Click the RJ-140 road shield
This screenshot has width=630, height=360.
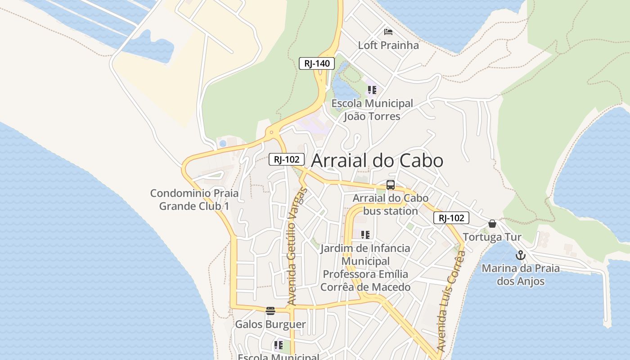click(x=317, y=63)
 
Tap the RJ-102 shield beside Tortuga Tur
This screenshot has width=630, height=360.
click(x=451, y=218)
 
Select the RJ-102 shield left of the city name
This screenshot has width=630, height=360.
click(x=287, y=159)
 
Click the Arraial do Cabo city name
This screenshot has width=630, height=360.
click(x=377, y=161)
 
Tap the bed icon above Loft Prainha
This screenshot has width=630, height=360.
click(x=388, y=31)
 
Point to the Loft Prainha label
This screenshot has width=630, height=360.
click(x=388, y=45)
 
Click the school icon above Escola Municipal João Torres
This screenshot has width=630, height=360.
click(x=372, y=90)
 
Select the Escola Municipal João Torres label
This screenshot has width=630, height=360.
click(x=372, y=110)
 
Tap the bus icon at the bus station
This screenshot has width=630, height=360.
click(x=391, y=184)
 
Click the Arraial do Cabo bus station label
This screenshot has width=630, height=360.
click(x=391, y=204)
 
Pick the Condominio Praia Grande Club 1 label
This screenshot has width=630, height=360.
click(x=194, y=200)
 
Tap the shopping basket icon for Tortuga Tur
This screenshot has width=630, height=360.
click(x=492, y=224)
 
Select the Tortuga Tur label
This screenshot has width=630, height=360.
click(x=492, y=237)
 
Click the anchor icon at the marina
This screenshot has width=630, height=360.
click(x=521, y=255)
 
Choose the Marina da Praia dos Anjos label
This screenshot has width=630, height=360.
click(x=521, y=275)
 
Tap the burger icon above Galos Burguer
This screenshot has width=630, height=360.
click(x=270, y=310)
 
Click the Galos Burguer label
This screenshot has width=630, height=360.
click(x=270, y=324)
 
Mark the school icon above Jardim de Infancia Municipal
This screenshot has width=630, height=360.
click(x=365, y=234)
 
